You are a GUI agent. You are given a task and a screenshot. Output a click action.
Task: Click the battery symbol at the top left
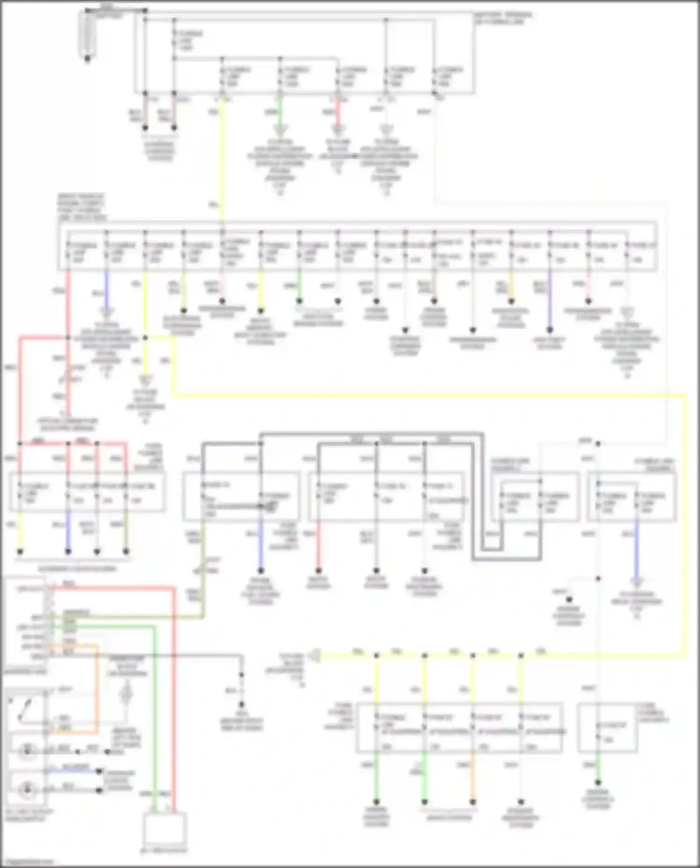point(87,35)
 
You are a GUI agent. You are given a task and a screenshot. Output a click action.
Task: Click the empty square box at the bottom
point(164,828)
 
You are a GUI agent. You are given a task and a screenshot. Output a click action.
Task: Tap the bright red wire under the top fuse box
point(338,112)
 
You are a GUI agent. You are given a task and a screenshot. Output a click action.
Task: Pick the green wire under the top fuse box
point(280,112)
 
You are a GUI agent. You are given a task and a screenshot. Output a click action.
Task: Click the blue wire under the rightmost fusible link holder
point(637,550)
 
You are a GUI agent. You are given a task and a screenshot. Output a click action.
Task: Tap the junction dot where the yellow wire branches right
point(146,338)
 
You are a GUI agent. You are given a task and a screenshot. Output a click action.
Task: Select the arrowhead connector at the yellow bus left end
point(316,655)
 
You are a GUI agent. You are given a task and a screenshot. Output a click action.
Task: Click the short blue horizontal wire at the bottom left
point(75,771)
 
